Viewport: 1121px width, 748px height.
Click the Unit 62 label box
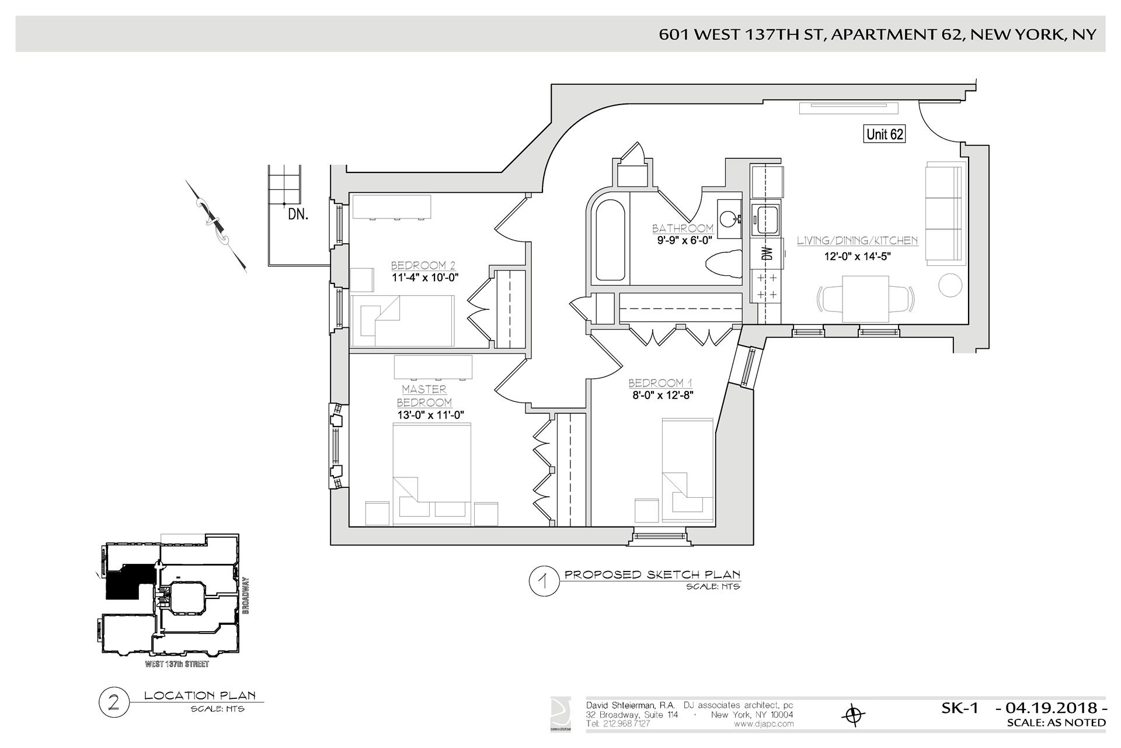coord(885,134)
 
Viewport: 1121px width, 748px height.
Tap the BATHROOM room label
coord(683,228)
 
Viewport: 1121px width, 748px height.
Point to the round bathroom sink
coord(727,219)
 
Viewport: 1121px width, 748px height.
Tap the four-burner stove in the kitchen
coord(767,286)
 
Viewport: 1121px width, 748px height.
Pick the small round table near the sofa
coord(949,285)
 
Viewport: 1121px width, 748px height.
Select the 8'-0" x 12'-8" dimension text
coord(660,395)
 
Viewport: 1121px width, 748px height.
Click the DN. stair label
coord(298,214)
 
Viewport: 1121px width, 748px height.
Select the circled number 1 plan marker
coord(542,582)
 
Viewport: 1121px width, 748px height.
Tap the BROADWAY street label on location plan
coord(246,595)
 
